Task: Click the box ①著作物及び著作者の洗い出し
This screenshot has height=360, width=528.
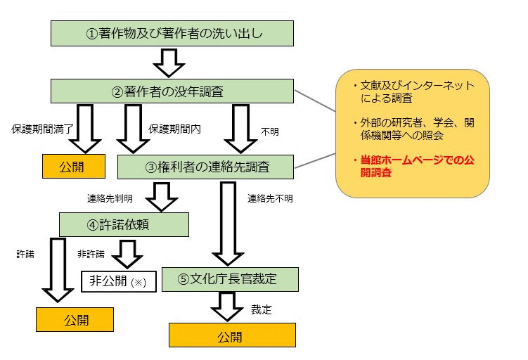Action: coord(172,33)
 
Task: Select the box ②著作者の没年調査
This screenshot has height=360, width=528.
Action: coord(172,91)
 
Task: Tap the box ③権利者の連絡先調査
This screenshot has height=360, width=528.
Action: coord(205,167)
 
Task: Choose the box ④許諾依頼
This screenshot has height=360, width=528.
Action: coord(124,225)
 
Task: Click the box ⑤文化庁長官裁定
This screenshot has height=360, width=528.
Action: coord(230,279)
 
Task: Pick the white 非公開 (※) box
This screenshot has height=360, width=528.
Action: coord(117,281)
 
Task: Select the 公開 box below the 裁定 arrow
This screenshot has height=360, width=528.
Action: coord(232,335)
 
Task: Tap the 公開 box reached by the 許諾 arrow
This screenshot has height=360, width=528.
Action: coord(75,319)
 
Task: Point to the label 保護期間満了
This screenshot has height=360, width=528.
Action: coord(38,129)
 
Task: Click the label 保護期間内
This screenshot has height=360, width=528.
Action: coord(173,129)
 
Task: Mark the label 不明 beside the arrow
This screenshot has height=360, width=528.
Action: coord(270,131)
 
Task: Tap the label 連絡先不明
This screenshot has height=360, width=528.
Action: coord(270,198)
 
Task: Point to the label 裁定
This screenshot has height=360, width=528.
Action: coord(261,309)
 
